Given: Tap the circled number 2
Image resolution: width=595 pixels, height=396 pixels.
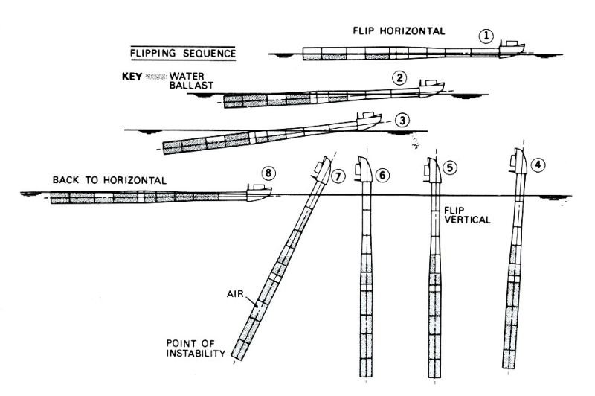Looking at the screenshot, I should point(400,77).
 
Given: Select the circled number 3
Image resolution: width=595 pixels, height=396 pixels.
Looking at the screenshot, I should point(402,119).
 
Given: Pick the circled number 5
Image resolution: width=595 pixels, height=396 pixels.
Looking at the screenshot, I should point(450,167).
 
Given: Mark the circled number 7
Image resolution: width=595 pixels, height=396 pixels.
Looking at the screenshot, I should point(339,176).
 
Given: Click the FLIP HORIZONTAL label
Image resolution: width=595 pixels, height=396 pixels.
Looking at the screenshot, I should point(399,31).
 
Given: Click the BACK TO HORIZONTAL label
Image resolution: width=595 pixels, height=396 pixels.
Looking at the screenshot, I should point(109,180).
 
